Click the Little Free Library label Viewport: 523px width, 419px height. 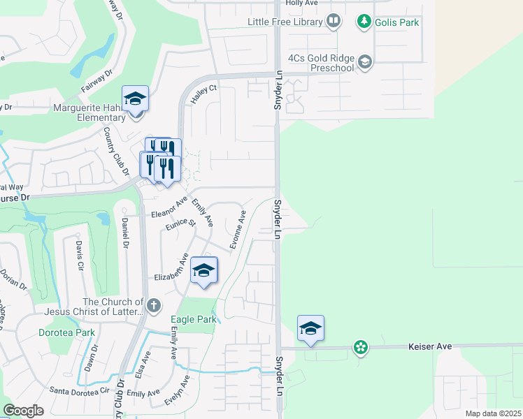(x=285, y=22)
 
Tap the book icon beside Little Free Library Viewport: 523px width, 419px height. (x=334, y=22)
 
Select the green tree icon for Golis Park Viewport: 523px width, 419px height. (x=364, y=22)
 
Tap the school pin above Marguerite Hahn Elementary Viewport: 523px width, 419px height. (x=135, y=99)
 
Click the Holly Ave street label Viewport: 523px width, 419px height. (x=302, y=3)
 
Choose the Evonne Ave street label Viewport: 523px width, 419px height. (x=238, y=230)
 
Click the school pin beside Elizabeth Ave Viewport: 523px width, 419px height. (x=203, y=271)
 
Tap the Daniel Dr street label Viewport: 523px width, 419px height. (x=125, y=233)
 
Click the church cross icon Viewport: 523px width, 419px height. (x=153, y=305)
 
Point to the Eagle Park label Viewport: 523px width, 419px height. (x=195, y=320)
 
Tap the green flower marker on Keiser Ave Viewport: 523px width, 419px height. (x=360, y=347)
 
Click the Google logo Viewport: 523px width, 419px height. (x=24, y=411)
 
